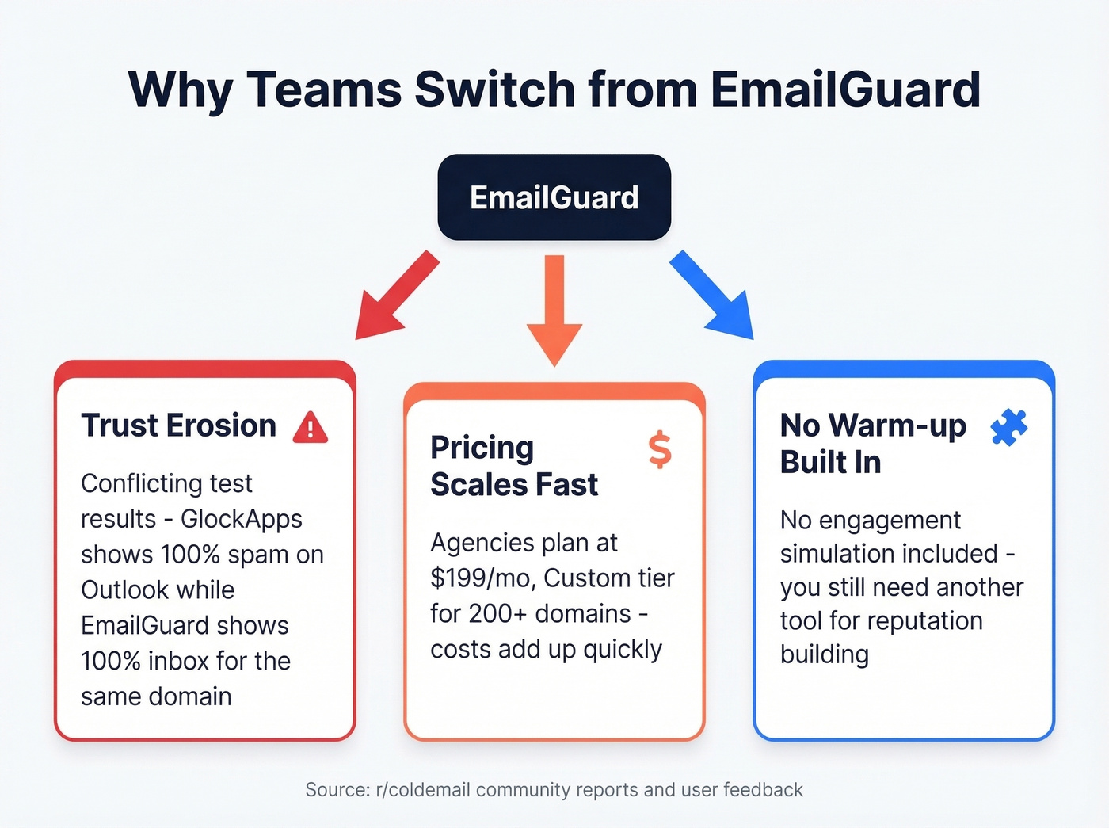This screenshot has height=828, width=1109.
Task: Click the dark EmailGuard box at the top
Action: tap(554, 197)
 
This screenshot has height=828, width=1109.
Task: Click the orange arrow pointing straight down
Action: tap(554, 309)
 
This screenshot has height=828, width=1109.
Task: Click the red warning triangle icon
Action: tap(311, 427)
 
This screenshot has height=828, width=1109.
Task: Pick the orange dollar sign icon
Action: tap(659, 450)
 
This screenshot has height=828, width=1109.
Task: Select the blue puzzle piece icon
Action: tap(1008, 428)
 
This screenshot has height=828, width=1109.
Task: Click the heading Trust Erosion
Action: tap(179, 425)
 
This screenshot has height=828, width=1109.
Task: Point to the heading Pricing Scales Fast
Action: tap(513, 466)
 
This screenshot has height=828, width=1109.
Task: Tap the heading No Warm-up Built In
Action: tap(872, 444)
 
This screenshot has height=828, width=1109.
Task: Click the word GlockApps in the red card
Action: tap(242, 519)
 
